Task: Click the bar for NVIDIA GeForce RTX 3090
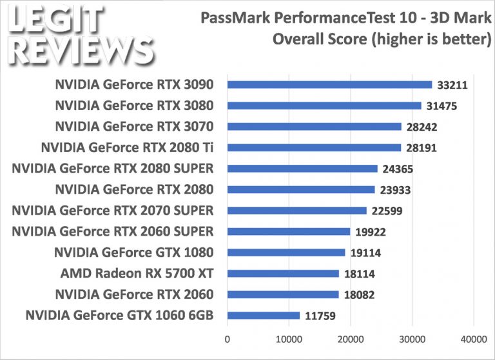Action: point(329,84)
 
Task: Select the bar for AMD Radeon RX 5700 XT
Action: point(283,273)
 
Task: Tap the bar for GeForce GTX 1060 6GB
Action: point(264,316)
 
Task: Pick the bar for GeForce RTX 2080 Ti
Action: point(314,147)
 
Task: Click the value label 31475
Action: point(443,106)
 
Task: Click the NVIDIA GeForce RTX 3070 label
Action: point(134,126)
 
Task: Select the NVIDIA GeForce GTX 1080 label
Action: point(134,252)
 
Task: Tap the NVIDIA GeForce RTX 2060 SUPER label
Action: point(113,231)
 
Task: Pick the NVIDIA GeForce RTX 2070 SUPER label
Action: point(113,211)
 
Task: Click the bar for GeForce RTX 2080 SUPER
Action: point(302,169)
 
